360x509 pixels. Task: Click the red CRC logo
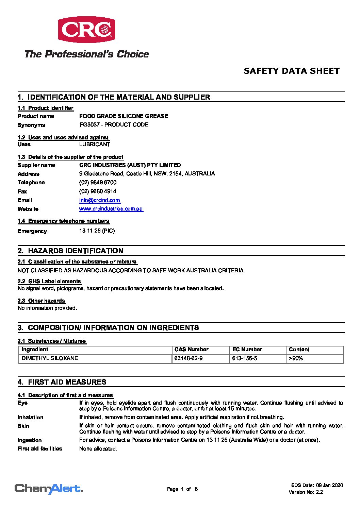[86, 30]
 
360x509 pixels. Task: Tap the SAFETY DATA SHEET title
[292, 71]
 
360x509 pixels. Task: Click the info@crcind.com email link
[100, 200]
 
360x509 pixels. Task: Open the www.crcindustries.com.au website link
[111, 209]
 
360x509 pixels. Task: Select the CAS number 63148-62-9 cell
[189, 358]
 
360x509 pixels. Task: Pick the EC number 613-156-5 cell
[245, 358]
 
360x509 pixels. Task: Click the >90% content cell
[296, 358]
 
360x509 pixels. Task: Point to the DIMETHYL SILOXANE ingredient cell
[50, 358]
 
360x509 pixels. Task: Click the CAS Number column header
[191, 350]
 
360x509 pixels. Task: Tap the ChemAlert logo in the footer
[49, 489]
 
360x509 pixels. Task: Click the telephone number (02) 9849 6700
[98, 183]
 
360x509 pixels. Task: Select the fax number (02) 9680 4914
[98, 191]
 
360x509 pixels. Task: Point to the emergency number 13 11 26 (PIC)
[97, 231]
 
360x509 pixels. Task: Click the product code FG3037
[90, 125]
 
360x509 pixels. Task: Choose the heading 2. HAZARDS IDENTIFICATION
[70, 251]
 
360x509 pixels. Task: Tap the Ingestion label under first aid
[30, 440]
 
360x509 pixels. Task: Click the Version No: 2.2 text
[306, 492]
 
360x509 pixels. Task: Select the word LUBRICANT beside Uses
[95, 145]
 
